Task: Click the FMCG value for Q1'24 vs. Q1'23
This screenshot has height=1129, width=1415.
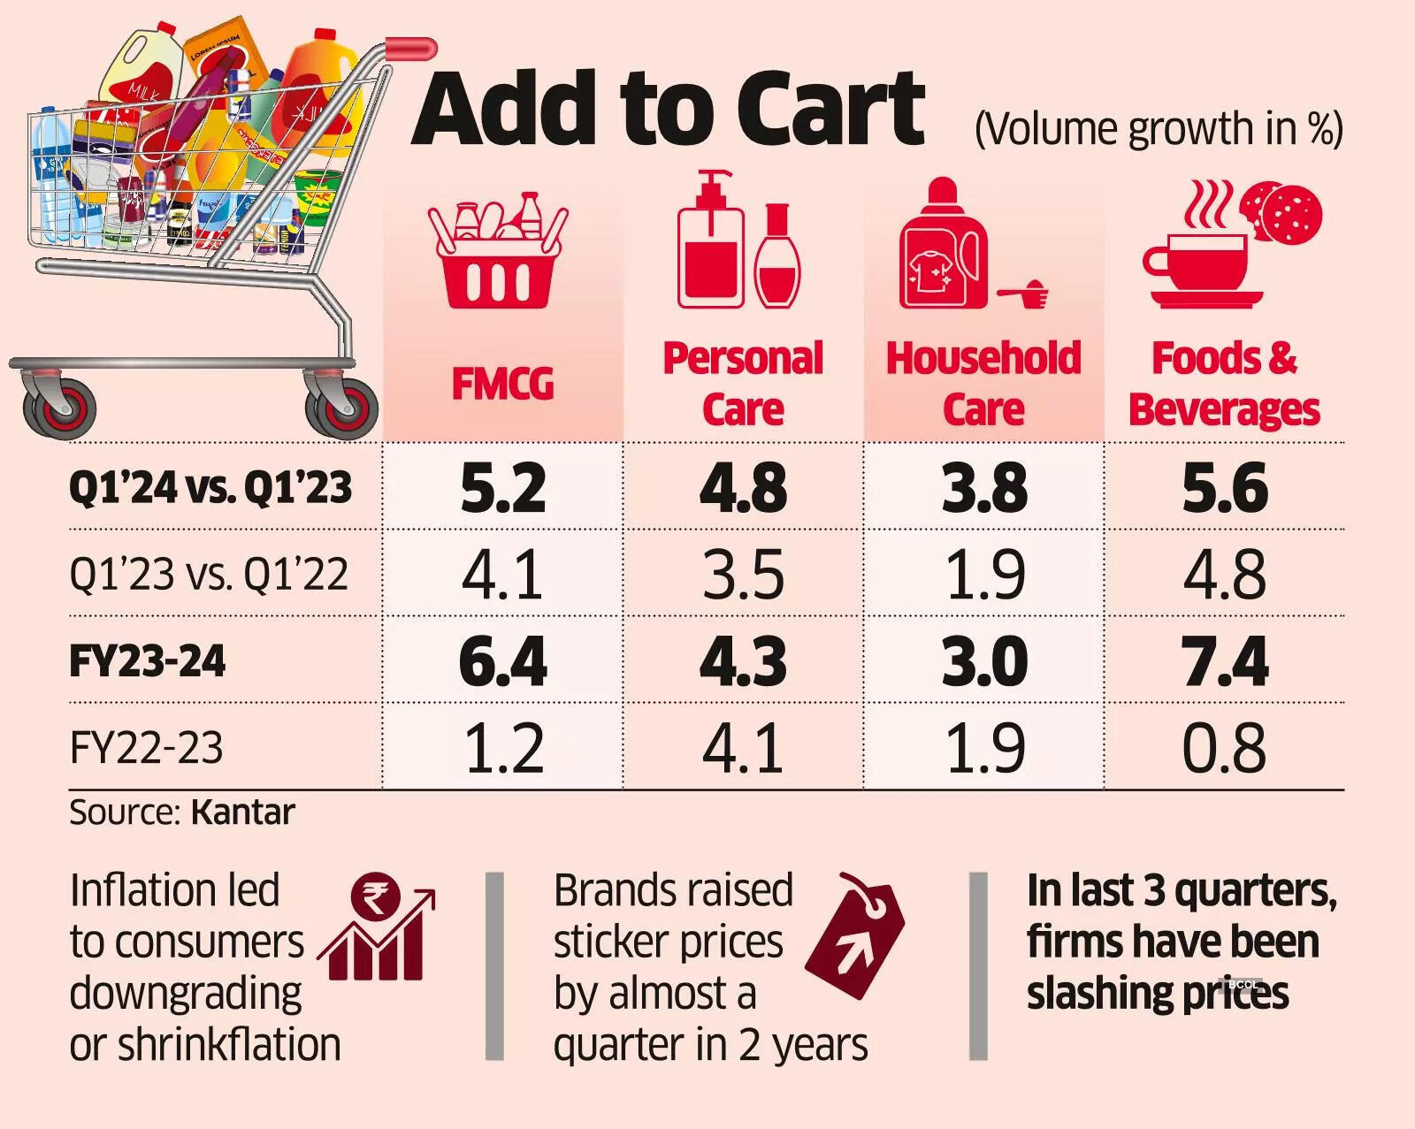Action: (502, 488)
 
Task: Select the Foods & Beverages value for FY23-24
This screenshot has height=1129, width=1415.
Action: (1225, 661)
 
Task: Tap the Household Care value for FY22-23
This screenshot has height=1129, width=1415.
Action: (984, 748)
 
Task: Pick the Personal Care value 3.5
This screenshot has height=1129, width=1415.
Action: (743, 575)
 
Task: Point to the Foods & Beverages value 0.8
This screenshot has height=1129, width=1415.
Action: (1225, 748)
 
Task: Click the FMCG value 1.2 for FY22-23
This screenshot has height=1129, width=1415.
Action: (502, 748)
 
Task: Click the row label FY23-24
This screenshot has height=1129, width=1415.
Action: (148, 661)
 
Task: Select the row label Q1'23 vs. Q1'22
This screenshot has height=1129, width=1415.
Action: (209, 575)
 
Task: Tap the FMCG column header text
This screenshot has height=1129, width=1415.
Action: (502, 385)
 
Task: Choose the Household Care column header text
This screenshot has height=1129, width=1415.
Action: (983, 384)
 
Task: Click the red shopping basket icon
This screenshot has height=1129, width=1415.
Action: (499, 252)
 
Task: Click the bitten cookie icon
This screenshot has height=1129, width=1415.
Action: (1284, 212)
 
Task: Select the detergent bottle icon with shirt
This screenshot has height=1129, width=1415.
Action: (942, 248)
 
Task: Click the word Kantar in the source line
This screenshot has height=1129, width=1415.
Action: (242, 812)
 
